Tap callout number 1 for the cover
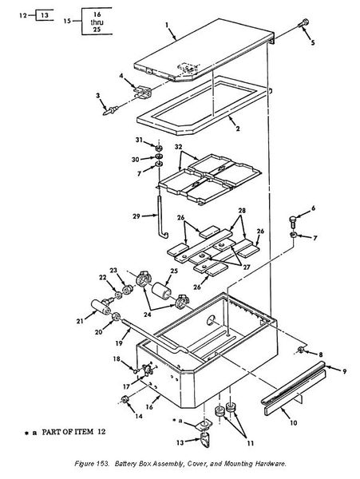tap(167, 25)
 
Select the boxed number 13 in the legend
tap(45, 15)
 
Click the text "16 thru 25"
tap(97, 22)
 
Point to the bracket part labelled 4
tap(143, 93)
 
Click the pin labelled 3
tap(110, 110)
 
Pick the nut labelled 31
tap(158, 148)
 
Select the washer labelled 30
tap(159, 157)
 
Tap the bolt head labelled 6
tap(292, 222)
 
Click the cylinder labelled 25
tap(161, 291)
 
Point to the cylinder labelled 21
tap(101, 307)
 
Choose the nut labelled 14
tap(125, 400)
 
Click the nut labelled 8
tap(301, 350)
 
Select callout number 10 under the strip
tap(293, 423)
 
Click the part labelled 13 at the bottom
tap(205, 440)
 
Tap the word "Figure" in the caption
tap(83, 464)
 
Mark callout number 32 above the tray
tap(178, 147)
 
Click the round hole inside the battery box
tap(212, 321)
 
